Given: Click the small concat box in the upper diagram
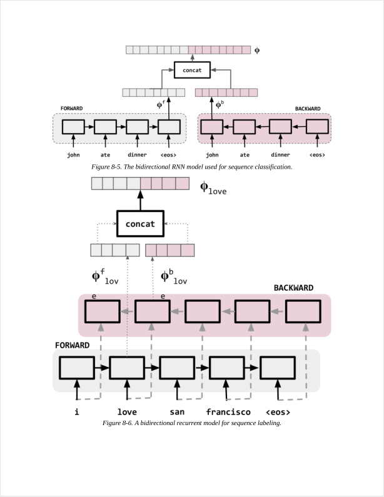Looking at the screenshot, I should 192,70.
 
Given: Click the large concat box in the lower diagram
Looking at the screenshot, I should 140,223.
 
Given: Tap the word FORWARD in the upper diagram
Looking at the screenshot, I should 71,108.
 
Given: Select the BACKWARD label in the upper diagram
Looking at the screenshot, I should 308,108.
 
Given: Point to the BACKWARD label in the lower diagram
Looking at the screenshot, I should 293,288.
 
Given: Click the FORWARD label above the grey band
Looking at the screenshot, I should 72,344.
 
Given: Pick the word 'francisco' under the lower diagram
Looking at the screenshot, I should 228,412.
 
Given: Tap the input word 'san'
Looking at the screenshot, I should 177,412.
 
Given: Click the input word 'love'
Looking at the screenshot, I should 127,412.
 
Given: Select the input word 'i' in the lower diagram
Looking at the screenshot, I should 77,412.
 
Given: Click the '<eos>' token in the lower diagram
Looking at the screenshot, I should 278,412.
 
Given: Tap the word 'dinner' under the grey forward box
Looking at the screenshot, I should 137,154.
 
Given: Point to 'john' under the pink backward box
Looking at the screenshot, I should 212,154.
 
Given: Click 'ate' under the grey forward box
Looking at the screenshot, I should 105,154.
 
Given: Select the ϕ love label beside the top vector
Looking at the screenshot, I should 213,187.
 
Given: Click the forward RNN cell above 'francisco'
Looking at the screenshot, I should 227,368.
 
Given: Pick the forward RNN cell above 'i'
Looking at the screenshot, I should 77,368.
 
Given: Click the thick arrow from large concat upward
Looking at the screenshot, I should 140,200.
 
